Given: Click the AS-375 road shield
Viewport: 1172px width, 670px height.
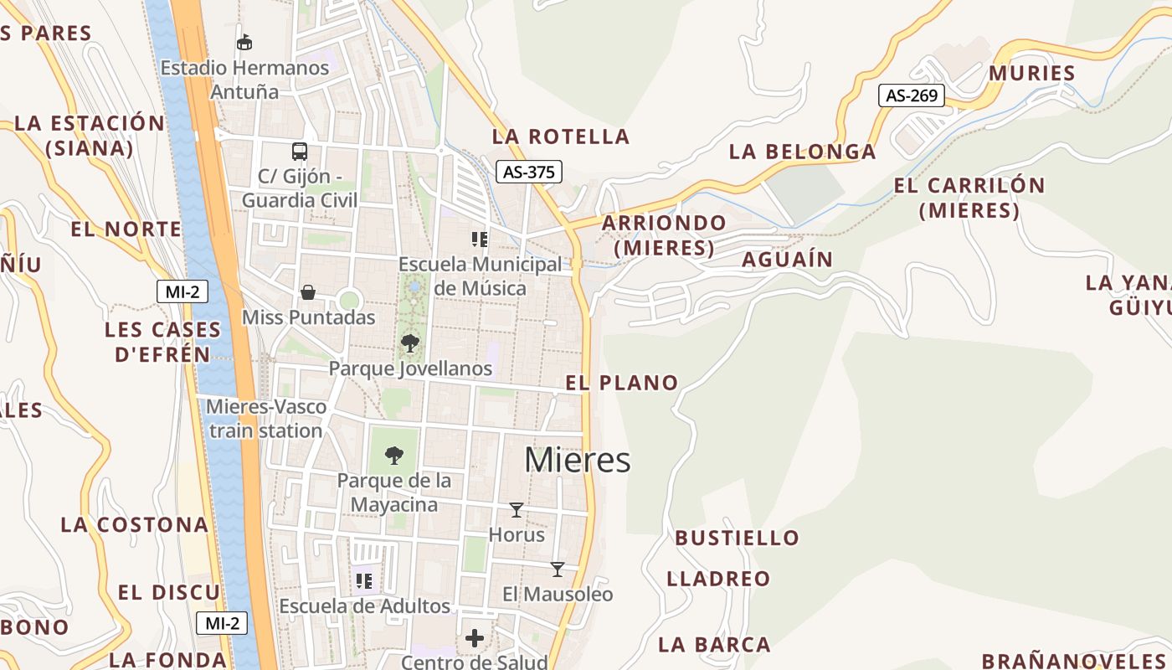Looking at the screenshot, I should click(528, 172).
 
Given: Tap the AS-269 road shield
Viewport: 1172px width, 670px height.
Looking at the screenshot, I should click(911, 95).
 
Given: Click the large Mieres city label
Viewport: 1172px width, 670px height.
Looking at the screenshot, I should click(578, 460).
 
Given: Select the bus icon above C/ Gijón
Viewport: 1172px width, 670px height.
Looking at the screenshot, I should click(300, 152).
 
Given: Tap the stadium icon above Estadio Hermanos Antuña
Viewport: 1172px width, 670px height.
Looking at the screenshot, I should click(244, 42).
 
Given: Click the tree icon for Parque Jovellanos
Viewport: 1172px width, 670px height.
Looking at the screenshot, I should click(410, 343).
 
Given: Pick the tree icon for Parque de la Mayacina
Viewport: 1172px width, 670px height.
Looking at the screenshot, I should click(394, 456).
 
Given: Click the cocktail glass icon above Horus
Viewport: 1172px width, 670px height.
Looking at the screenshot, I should click(517, 510).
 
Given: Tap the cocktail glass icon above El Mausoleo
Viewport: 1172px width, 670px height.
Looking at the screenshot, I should click(558, 569).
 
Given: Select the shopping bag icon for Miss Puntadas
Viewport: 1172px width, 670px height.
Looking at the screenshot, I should click(308, 292).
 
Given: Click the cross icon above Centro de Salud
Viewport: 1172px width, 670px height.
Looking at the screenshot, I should click(475, 639).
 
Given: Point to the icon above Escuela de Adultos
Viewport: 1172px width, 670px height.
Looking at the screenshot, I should click(364, 580).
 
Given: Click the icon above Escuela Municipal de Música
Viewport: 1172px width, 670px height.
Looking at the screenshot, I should click(480, 240).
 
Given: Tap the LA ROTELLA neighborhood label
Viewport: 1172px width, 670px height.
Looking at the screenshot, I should click(560, 137).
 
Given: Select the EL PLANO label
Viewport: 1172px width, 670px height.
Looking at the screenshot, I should click(622, 383).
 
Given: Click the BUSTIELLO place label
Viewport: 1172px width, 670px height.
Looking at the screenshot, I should click(737, 538).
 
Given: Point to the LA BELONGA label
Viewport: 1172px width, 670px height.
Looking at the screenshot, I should click(802, 152).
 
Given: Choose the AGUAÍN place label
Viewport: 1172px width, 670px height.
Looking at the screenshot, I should click(787, 260).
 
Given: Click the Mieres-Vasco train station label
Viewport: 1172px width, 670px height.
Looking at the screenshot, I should click(266, 419).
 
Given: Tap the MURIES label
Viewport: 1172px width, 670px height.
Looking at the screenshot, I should click(1031, 73).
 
